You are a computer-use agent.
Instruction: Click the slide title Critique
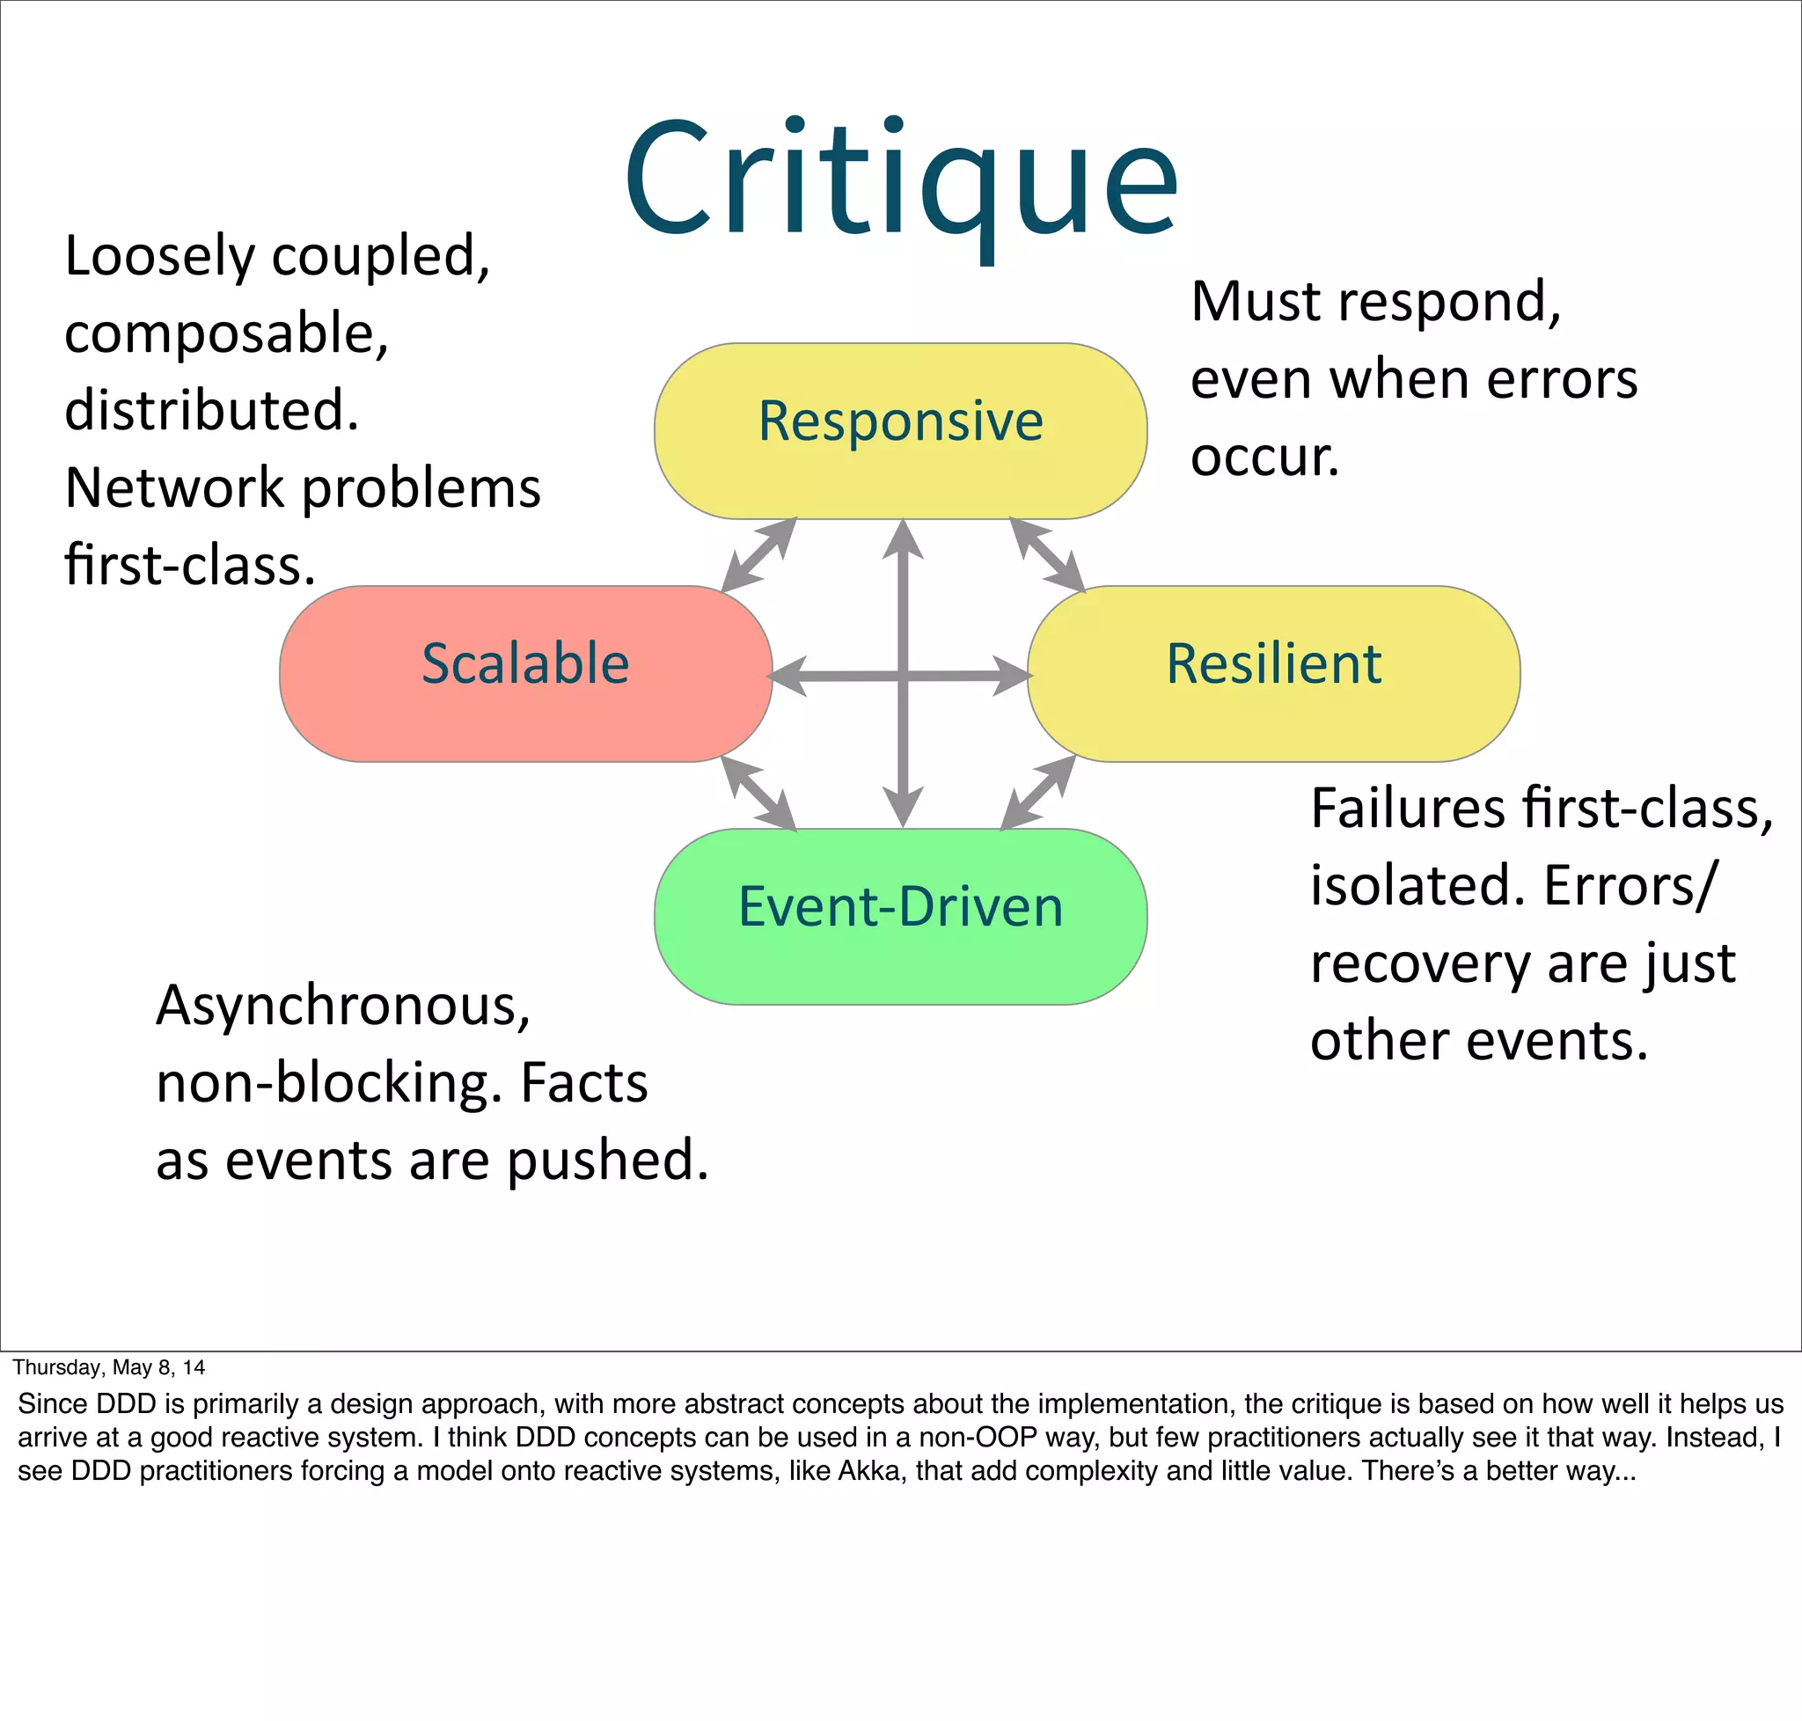pos(900,179)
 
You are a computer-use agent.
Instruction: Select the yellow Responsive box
pos(900,430)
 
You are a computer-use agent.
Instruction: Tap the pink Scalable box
pos(524,672)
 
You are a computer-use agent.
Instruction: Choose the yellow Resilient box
pos(1273,672)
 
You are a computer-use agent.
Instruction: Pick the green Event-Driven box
pos(900,916)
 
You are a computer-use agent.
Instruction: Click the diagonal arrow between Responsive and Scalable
pos(758,554)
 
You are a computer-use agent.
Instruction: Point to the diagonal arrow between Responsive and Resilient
pos(1047,554)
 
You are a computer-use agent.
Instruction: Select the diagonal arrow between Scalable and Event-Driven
pos(758,794)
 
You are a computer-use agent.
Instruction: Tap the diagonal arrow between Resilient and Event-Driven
pos(1037,794)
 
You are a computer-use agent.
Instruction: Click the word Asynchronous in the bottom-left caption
pos(343,1007)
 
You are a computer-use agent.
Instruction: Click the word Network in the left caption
pos(174,487)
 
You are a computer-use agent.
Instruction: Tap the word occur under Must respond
pos(1264,456)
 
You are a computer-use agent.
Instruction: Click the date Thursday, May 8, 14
pos(108,1368)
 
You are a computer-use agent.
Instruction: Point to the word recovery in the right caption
pos(1418,963)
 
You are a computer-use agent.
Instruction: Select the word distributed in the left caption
pos(211,410)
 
